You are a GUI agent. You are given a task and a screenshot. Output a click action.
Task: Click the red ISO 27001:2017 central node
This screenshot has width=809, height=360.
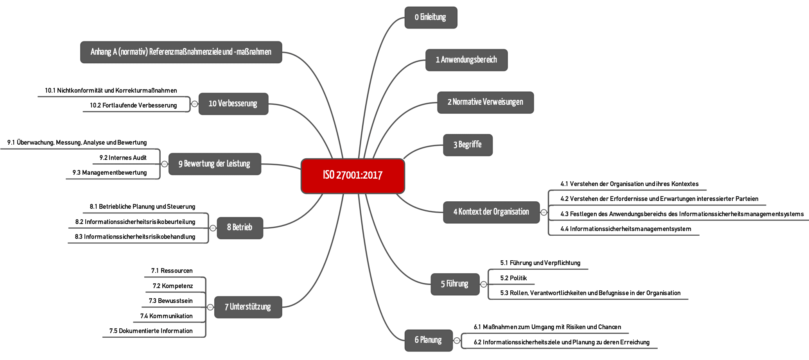click(353, 176)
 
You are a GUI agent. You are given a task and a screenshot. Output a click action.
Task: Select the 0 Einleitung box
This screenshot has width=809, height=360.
click(431, 18)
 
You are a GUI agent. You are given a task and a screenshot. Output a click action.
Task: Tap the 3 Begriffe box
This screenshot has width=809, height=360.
click(468, 145)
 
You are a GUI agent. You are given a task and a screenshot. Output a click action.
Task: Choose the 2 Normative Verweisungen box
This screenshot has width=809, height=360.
click(485, 102)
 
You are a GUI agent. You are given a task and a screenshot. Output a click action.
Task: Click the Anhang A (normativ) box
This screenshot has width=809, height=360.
click(181, 52)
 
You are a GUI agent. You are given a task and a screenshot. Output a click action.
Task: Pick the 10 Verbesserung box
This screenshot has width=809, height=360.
click(233, 104)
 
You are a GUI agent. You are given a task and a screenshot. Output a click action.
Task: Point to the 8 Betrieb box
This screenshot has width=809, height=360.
click(240, 228)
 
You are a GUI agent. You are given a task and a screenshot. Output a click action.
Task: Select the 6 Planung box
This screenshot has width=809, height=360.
click(429, 340)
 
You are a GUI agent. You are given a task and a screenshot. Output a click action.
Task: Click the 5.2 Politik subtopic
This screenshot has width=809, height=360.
click(513, 278)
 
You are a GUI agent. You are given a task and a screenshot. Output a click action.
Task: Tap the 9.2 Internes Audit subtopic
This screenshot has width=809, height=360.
click(123, 158)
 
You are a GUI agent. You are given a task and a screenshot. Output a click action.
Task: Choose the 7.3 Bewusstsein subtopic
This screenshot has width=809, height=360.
click(170, 301)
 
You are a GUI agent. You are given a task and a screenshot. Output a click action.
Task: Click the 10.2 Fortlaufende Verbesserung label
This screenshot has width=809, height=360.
click(133, 105)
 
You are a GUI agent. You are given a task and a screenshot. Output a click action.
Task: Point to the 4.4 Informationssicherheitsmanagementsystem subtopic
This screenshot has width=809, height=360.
click(626, 229)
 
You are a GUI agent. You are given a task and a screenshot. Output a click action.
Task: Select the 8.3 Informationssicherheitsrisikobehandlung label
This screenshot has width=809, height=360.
click(135, 236)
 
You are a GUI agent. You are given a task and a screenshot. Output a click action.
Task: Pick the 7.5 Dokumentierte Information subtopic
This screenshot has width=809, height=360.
click(151, 331)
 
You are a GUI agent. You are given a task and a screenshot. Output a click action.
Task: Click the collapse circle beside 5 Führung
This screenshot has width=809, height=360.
click(484, 284)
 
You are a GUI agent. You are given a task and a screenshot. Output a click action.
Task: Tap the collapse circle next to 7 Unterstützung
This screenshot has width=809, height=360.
click(210, 307)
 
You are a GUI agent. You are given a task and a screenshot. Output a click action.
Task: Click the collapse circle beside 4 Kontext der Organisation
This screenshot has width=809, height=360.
click(544, 212)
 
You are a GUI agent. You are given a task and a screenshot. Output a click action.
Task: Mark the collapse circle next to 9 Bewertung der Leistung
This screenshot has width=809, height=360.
click(165, 164)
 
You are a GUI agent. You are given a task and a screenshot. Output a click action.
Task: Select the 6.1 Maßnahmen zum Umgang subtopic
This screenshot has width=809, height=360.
click(547, 327)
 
